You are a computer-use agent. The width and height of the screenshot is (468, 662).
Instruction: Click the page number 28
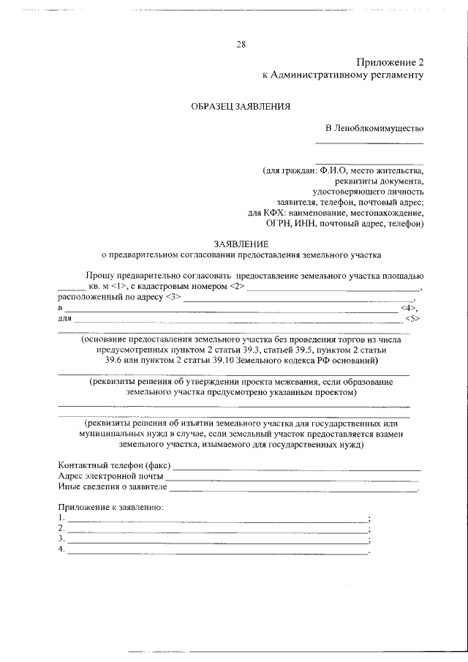click(x=241, y=44)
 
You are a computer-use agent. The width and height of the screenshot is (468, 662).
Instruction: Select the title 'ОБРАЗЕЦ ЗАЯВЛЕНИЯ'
click(x=241, y=106)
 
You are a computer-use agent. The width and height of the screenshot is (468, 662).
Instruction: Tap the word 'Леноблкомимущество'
click(x=379, y=128)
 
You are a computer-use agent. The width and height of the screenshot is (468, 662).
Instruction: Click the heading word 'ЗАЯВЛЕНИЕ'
click(x=241, y=243)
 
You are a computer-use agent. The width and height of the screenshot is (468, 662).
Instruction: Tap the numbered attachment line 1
click(x=218, y=519)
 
